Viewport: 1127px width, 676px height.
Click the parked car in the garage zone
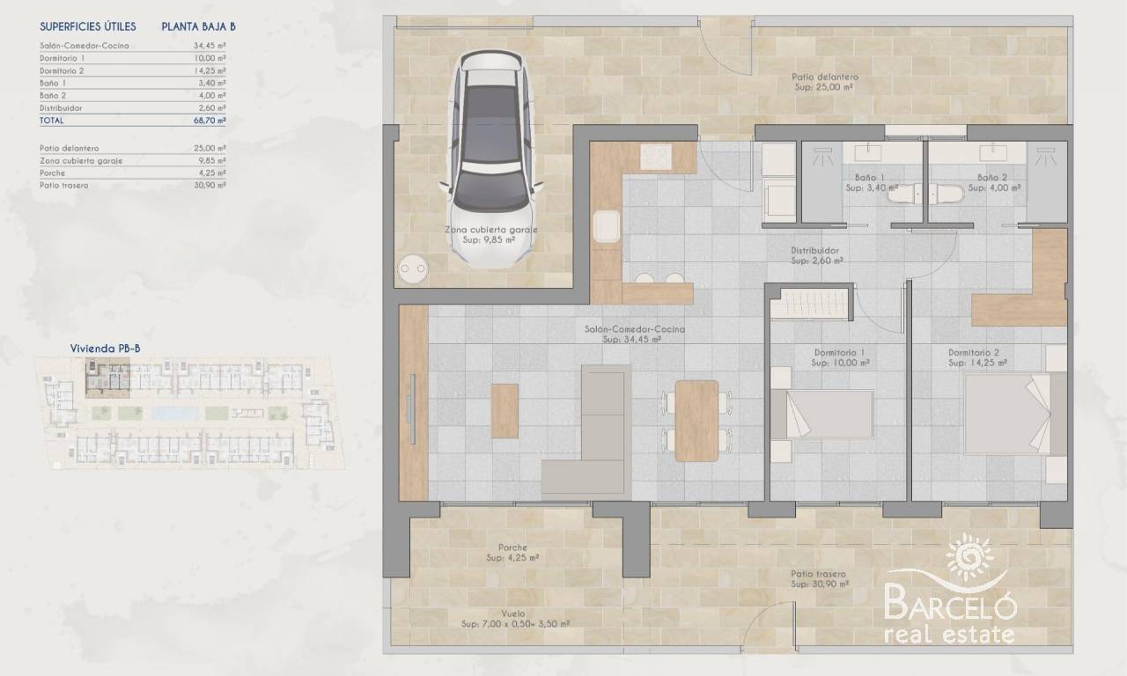[x=490, y=158]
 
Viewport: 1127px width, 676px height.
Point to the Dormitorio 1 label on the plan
[x=839, y=353]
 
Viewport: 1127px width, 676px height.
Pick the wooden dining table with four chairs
[x=696, y=421]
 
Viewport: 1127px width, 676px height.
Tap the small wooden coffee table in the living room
[x=505, y=411]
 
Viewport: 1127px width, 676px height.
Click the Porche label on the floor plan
[x=512, y=547]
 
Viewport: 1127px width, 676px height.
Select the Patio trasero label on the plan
[x=818, y=574]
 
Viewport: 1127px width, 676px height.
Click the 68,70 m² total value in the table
[x=210, y=121]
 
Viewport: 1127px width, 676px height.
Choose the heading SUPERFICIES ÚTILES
[x=88, y=26]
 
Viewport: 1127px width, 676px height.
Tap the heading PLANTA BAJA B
[x=198, y=26]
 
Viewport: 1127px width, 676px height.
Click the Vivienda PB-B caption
[x=105, y=348]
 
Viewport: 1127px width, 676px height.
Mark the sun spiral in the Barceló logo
[x=969, y=557]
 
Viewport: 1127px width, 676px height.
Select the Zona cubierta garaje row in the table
[x=133, y=160]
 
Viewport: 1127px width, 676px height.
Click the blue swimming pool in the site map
[x=174, y=414]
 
